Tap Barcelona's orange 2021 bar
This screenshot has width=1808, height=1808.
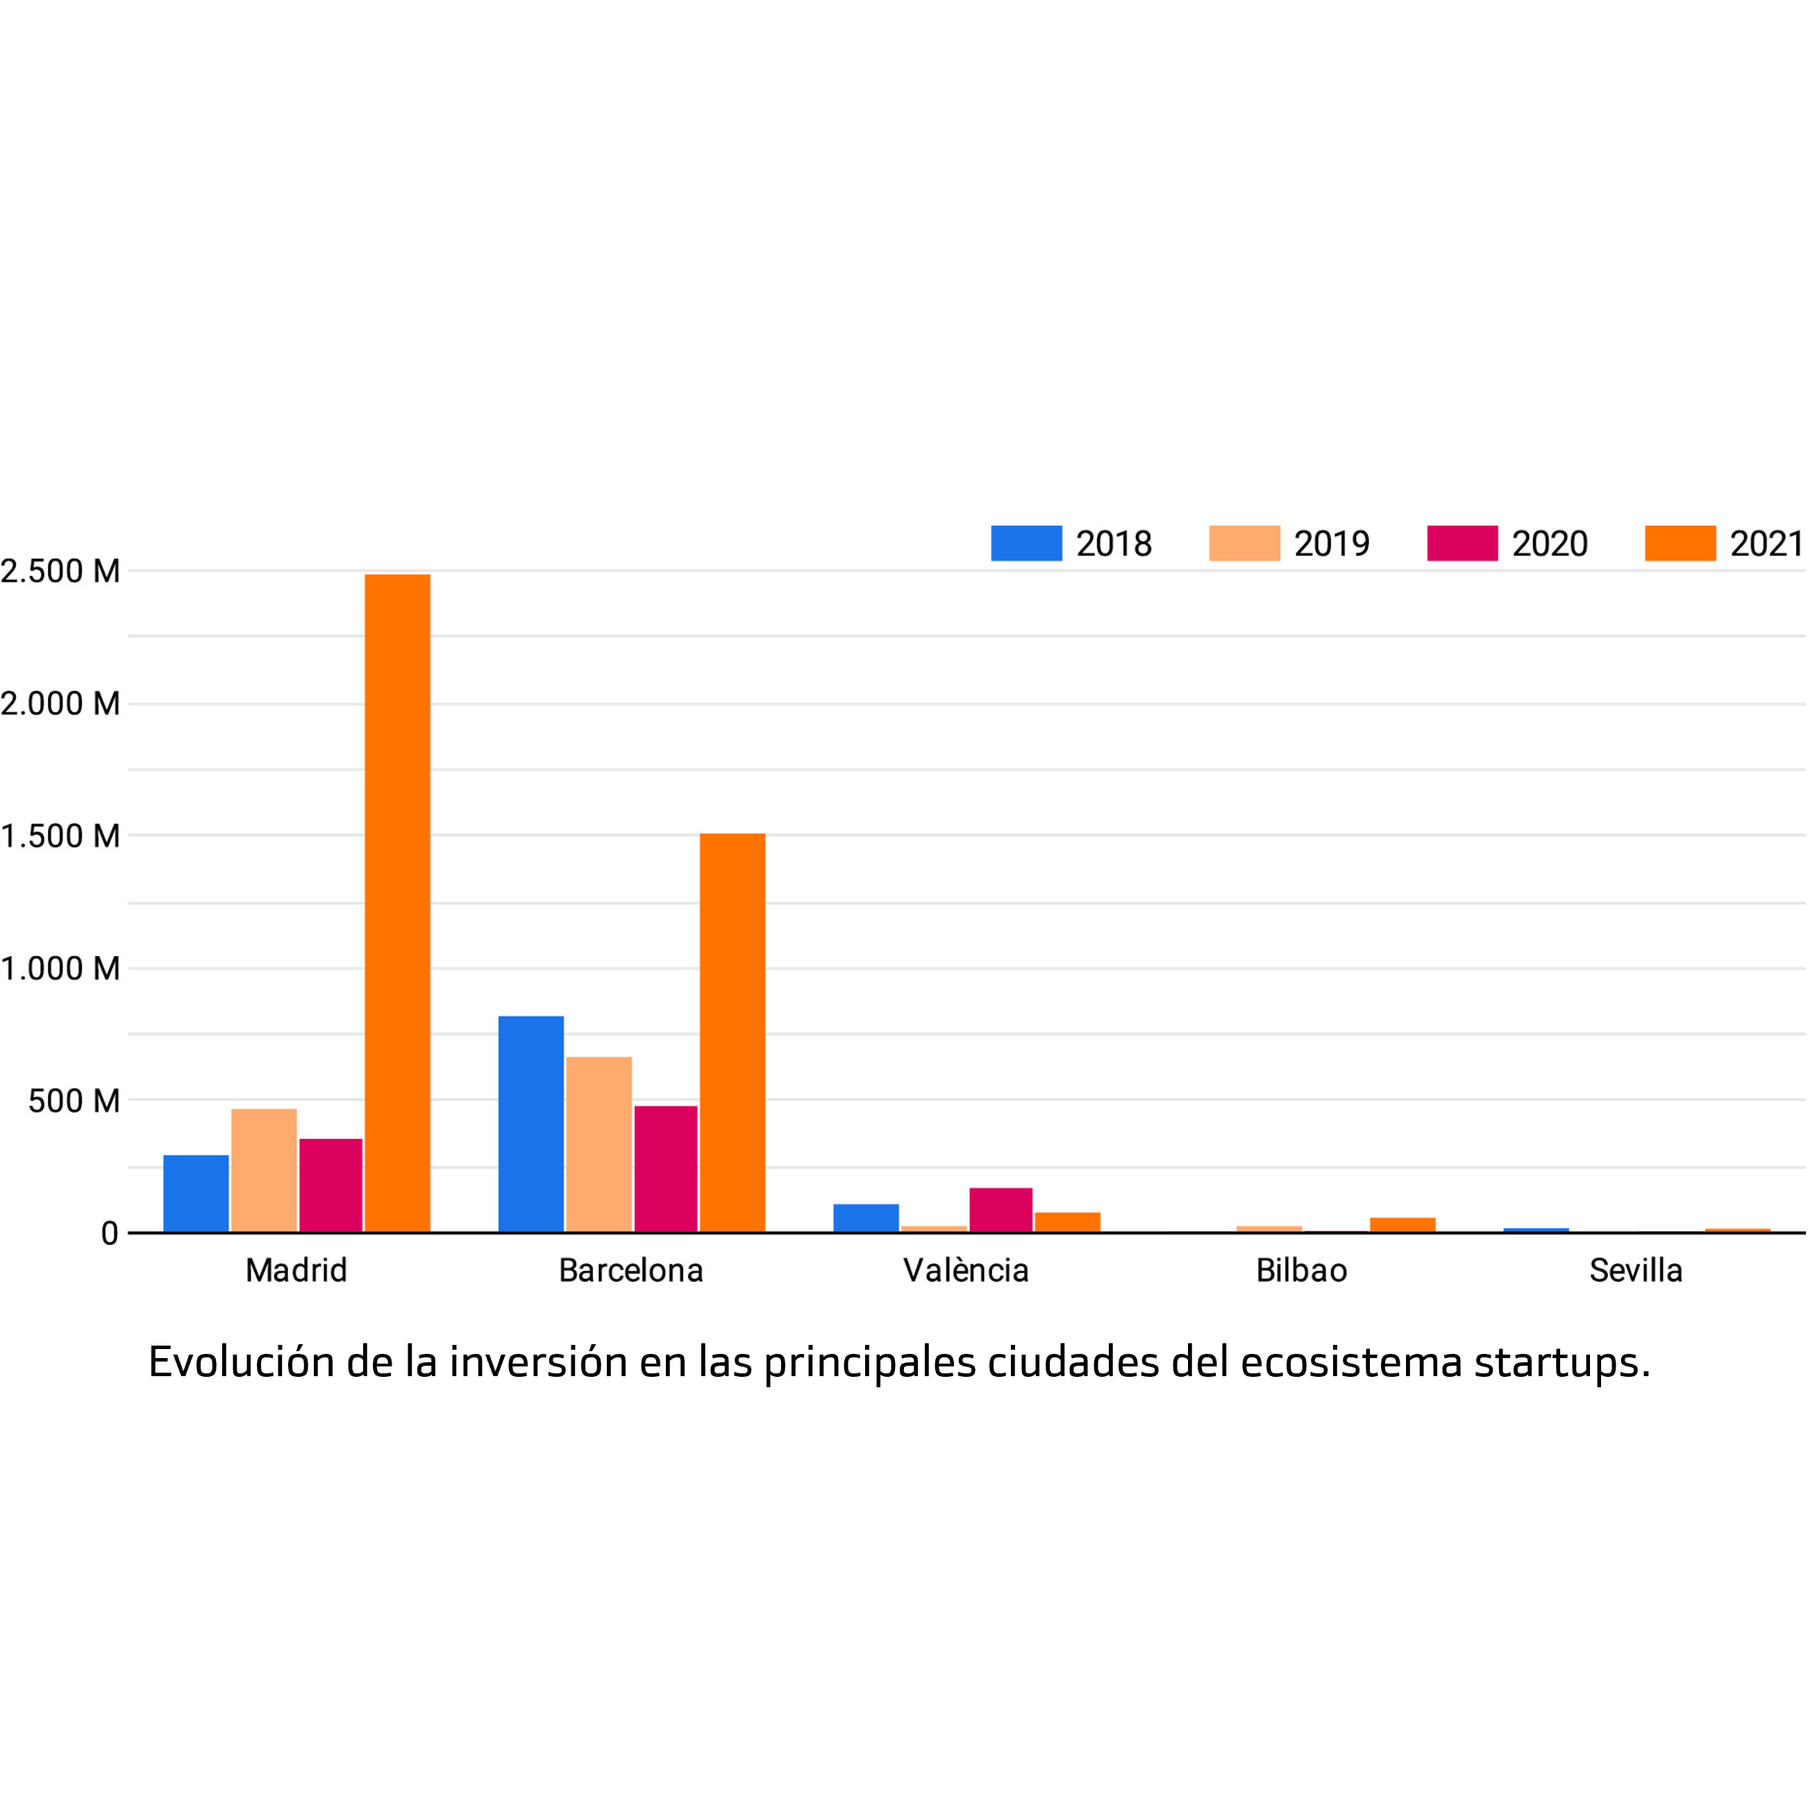(x=732, y=1032)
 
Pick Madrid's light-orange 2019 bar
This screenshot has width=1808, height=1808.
(x=264, y=1170)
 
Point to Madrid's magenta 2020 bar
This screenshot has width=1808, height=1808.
(x=330, y=1185)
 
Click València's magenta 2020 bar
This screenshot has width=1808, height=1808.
(x=1001, y=1210)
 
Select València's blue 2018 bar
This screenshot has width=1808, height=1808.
(x=866, y=1218)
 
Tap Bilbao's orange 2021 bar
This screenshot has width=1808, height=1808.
(x=1402, y=1225)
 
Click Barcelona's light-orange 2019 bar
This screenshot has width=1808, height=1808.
(x=599, y=1144)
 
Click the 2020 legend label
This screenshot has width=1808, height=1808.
(x=1550, y=544)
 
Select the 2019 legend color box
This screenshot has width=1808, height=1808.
(x=1244, y=543)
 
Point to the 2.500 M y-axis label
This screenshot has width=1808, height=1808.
(x=60, y=571)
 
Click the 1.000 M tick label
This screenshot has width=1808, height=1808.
(x=60, y=969)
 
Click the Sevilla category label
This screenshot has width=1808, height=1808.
(x=1636, y=1271)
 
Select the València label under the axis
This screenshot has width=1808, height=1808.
(x=966, y=1271)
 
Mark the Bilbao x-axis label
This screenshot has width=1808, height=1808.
(x=1300, y=1271)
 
